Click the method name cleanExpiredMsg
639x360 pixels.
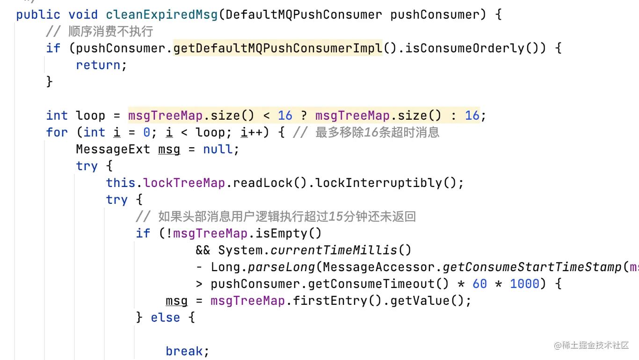click(x=162, y=14)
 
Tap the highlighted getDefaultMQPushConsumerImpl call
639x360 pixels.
click(x=278, y=48)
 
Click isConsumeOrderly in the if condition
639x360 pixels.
click(x=465, y=48)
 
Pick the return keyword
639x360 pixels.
click(x=98, y=65)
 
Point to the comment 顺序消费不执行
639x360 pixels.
click(x=111, y=31)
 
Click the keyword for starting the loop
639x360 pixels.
click(x=57, y=132)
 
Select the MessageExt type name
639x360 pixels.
click(x=113, y=149)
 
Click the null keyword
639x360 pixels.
click(x=218, y=149)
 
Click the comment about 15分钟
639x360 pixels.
click(x=287, y=216)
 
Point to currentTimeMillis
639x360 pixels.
click(x=334, y=250)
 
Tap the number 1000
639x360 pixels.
click(x=524, y=284)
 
